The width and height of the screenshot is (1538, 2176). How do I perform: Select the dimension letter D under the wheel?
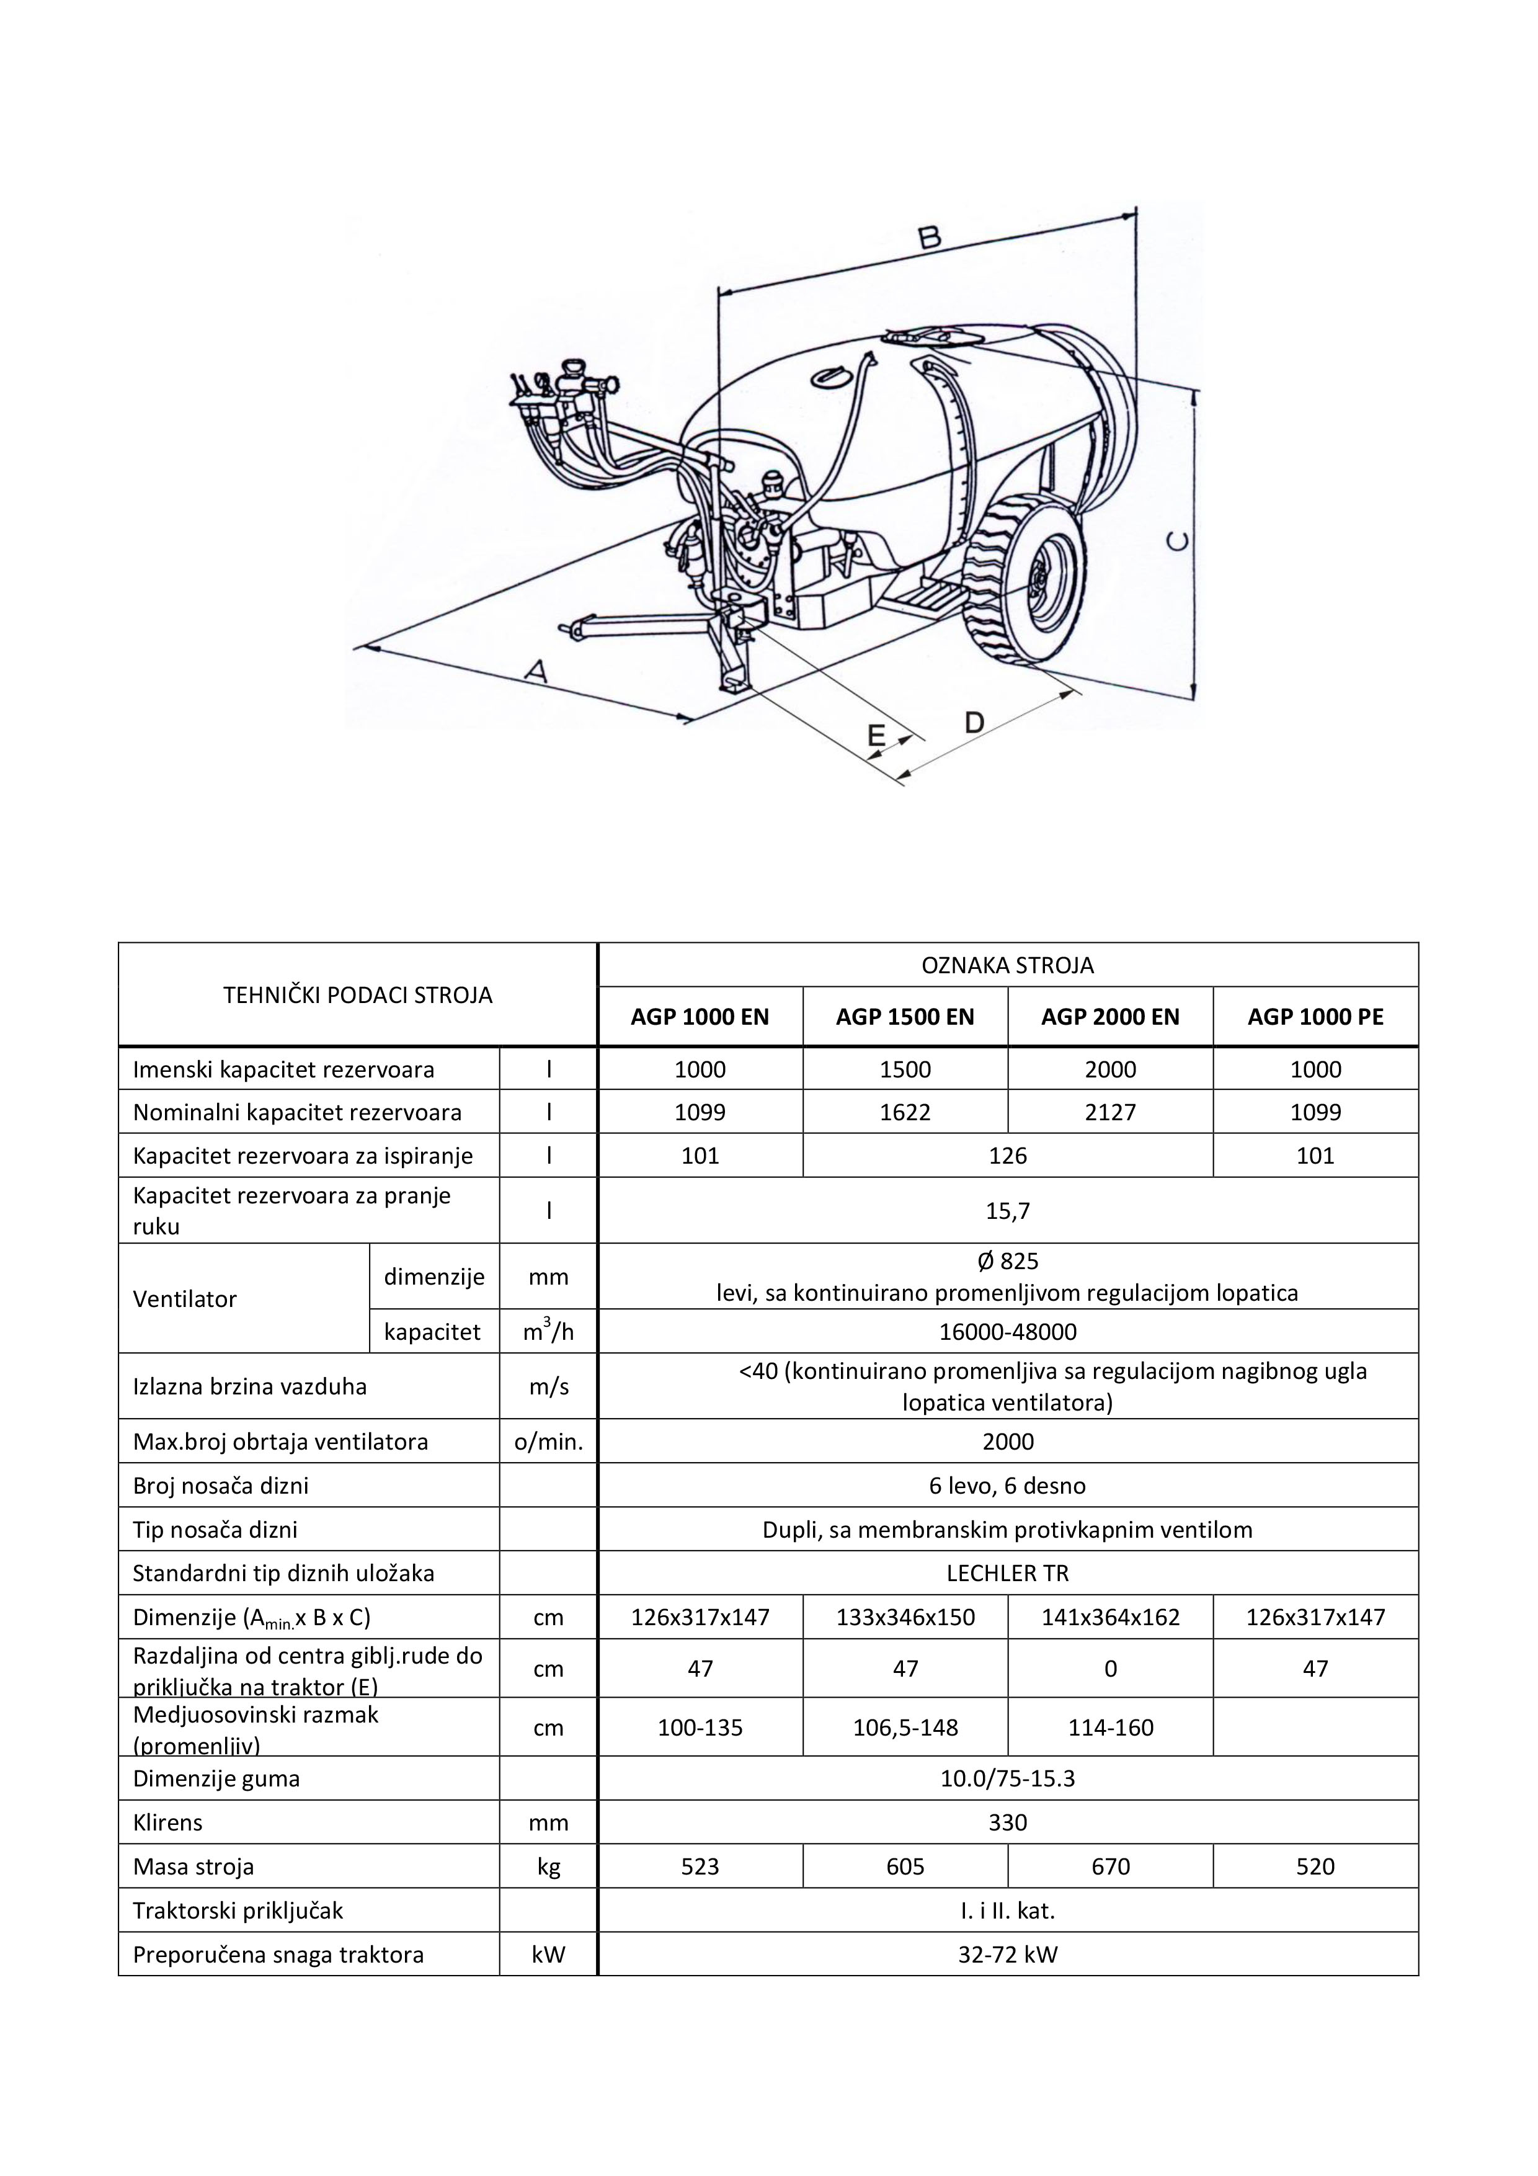(x=974, y=723)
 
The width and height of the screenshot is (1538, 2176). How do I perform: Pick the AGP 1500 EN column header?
(x=905, y=1017)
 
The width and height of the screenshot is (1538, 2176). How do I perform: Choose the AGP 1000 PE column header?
(x=1315, y=1017)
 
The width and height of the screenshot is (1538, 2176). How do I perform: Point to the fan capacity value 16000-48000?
(x=1007, y=1332)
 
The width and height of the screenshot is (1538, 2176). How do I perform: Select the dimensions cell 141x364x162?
(x=1109, y=1617)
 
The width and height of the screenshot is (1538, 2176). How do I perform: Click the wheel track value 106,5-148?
(x=905, y=1727)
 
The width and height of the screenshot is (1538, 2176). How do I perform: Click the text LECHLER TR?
(x=1007, y=1573)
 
